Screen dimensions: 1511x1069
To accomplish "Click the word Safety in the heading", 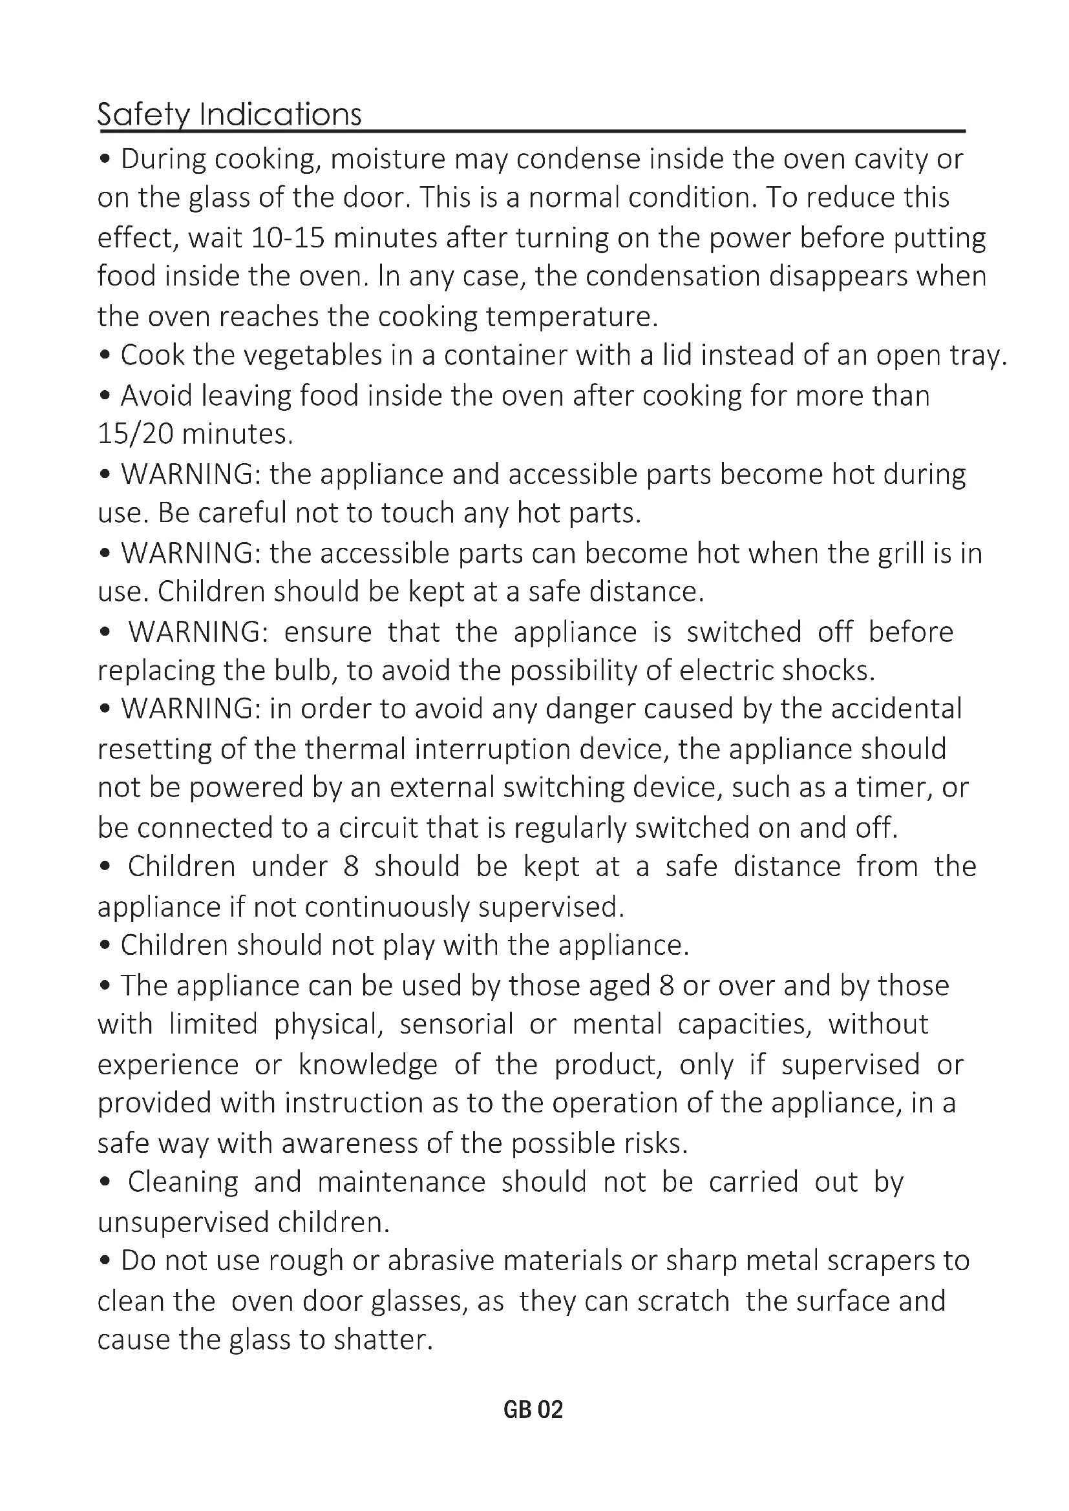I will [x=143, y=115].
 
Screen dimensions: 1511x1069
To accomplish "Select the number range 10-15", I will [x=288, y=238].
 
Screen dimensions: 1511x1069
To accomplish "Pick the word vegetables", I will [x=313, y=356].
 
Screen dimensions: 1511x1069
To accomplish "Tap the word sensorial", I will [x=456, y=1025].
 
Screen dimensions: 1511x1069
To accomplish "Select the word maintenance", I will [x=401, y=1183].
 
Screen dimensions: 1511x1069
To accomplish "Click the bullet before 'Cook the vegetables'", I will [x=104, y=356].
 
